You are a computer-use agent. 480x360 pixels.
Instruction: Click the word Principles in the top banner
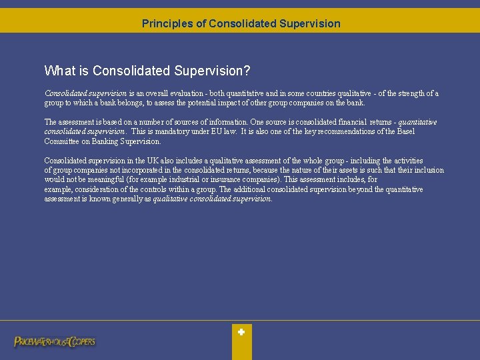point(167,24)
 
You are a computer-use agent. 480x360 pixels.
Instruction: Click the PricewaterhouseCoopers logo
point(55,341)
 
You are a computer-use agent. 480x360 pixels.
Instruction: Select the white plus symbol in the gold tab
point(241,331)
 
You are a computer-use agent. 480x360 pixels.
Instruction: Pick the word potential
point(209,103)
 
